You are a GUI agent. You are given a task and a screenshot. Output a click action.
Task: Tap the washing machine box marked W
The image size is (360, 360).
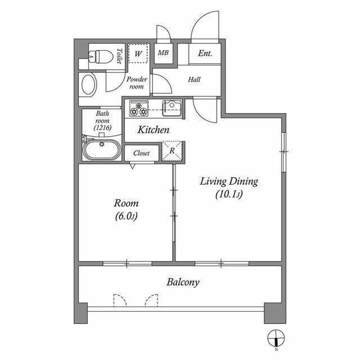pyautogui.click(x=137, y=54)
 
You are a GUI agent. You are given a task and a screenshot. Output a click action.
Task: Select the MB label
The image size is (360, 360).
pyautogui.click(x=163, y=53)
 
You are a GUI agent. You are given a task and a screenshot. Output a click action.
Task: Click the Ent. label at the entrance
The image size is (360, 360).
pyautogui.click(x=205, y=53)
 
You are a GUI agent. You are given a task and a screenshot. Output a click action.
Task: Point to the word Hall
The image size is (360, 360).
pyautogui.click(x=194, y=79)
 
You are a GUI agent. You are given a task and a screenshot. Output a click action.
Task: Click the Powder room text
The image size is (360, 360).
pyautogui.click(x=137, y=83)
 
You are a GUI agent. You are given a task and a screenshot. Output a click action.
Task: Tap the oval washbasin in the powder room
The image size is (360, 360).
pyautogui.click(x=89, y=84)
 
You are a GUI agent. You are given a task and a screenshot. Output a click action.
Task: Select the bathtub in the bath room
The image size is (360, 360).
pyautogui.click(x=101, y=150)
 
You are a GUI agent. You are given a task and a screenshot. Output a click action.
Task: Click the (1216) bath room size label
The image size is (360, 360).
pyautogui.click(x=103, y=128)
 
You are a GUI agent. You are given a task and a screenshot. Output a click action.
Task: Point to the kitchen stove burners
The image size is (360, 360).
pyautogui.click(x=138, y=107)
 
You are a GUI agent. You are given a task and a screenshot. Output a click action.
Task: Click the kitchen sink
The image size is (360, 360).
pyautogui.click(x=171, y=106)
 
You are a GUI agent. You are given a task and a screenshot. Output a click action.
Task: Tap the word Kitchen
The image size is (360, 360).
pyautogui.click(x=154, y=130)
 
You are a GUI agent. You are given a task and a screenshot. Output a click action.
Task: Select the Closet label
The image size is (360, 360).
pyautogui.click(x=141, y=152)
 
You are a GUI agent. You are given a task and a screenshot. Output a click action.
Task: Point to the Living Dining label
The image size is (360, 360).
pyautogui.click(x=228, y=182)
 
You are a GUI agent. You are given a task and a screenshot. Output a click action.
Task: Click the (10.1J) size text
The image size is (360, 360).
pyautogui.click(x=228, y=195)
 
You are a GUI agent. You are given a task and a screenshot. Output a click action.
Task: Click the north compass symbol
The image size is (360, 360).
pyautogui.click(x=276, y=337)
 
